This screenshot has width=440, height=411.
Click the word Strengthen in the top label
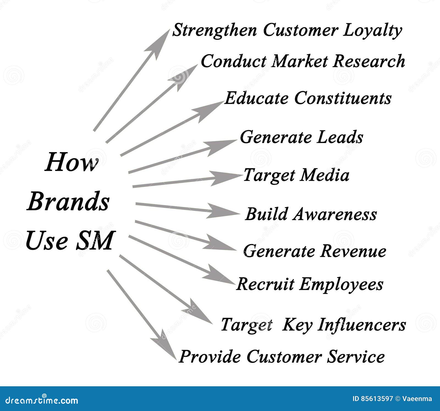point(214,30)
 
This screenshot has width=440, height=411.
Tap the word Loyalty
point(372,31)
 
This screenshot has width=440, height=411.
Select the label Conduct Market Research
point(303,61)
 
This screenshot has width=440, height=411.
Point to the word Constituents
point(343,98)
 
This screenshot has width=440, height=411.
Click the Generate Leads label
point(301,137)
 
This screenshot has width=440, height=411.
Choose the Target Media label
point(296,175)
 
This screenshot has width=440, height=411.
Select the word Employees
point(341,284)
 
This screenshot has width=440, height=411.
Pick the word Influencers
point(362,325)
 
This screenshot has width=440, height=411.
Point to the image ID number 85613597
point(377,399)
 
